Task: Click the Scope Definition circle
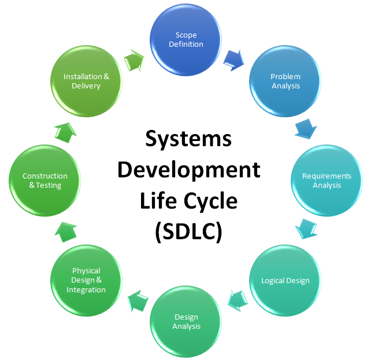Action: (x=186, y=40)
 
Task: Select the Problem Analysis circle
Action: (x=285, y=81)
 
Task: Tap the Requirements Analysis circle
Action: (x=327, y=180)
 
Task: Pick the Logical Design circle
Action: (x=285, y=280)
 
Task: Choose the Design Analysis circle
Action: (x=186, y=322)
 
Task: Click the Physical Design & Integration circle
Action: (x=86, y=280)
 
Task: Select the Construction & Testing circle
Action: (x=45, y=180)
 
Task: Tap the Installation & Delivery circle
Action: (x=86, y=81)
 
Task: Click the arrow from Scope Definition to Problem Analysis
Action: (x=234, y=60)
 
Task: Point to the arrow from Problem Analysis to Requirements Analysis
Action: (x=306, y=128)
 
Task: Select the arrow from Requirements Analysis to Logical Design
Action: (x=306, y=229)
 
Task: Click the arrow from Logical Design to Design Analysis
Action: (x=238, y=300)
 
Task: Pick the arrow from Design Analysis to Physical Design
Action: (x=138, y=301)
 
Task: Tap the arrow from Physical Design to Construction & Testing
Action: (x=66, y=232)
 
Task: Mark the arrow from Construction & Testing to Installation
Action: (x=65, y=133)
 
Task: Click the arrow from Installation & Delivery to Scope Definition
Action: (x=134, y=61)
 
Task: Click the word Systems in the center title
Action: (x=188, y=139)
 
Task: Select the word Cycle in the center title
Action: (x=210, y=201)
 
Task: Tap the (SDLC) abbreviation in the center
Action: (x=188, y=232)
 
